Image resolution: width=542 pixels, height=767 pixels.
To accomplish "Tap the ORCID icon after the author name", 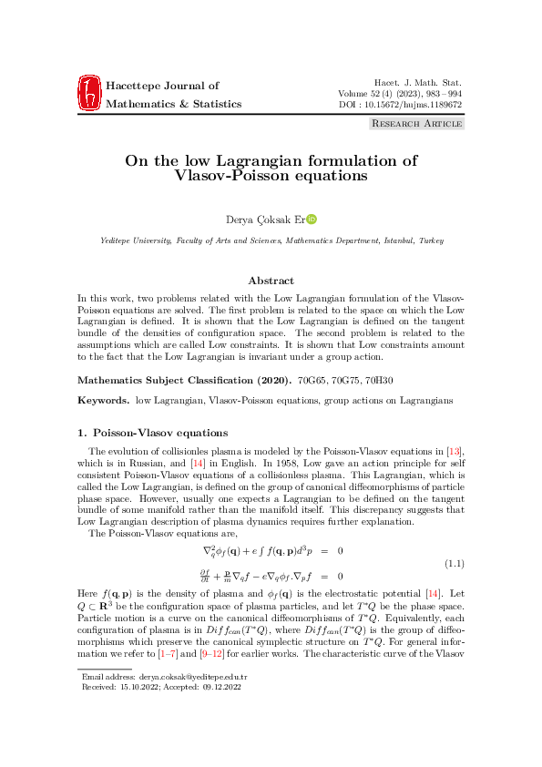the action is pos(312,219).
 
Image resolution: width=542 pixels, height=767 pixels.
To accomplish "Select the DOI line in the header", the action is pos(400,105).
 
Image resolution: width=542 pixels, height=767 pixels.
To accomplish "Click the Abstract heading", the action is pos(271,281).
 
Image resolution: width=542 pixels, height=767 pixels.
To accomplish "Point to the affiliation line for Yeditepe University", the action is pos(271,240).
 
